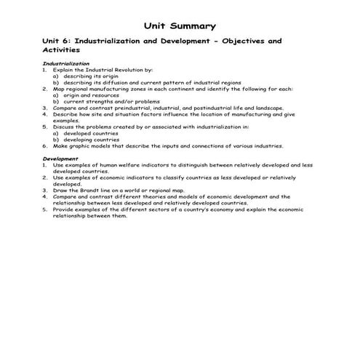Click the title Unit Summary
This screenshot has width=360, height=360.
click(180, 25)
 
